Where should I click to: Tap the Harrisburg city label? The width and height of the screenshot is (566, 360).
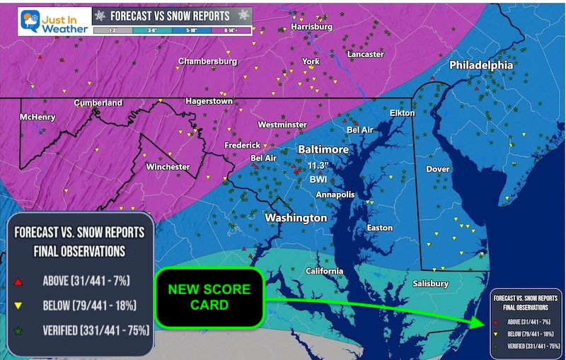[x=311, y=27]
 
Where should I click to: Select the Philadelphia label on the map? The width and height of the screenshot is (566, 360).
[x=481, y=65]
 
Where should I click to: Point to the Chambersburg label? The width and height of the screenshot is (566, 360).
[x=207, y=62]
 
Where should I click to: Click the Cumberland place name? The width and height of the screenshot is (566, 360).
[x=98, y=103]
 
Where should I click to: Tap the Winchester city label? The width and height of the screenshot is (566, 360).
[x=168, y=167]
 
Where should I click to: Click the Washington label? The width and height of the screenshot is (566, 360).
[x=296, y=218]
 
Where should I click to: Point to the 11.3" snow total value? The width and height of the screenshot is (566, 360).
[x=320, y=166]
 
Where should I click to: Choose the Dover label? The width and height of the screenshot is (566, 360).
[x=438, y=169]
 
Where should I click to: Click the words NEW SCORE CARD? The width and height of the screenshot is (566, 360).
[x=208, y=298]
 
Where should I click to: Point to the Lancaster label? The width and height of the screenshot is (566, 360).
[x=366, y=54]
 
